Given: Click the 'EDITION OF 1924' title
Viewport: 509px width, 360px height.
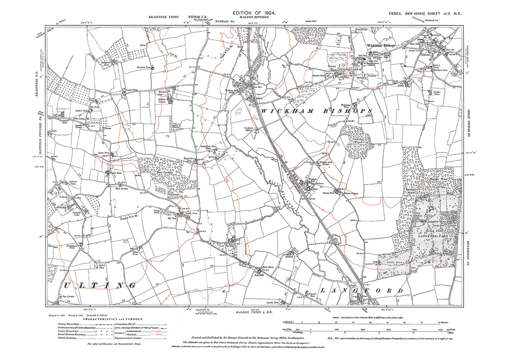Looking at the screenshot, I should [x=254, y=13].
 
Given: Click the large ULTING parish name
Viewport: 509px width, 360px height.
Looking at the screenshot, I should [x=100, y=286].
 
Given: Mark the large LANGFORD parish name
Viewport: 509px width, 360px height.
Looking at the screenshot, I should [x=361, y=291].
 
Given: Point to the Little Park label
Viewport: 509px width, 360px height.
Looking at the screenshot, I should [x=394, y=262].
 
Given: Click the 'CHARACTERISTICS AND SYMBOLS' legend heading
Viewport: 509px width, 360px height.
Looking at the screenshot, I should [x=113, y=319].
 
